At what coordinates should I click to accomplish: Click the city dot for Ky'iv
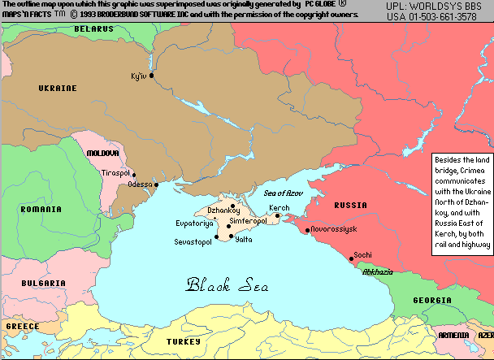pos(152,76)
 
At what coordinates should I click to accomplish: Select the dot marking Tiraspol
pos(134,174)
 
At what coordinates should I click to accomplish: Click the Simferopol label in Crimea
pos(248,221)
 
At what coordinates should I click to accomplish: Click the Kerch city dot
pos(278,216)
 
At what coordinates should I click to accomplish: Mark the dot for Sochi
pos(352,259)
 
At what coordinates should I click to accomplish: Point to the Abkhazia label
pos(378,271)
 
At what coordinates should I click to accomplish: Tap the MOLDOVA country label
pos(103,153)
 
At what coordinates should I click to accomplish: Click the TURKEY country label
pos(183,342)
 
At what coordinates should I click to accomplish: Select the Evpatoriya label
pos(194,222)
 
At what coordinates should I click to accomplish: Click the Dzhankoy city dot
pos(232,206)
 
